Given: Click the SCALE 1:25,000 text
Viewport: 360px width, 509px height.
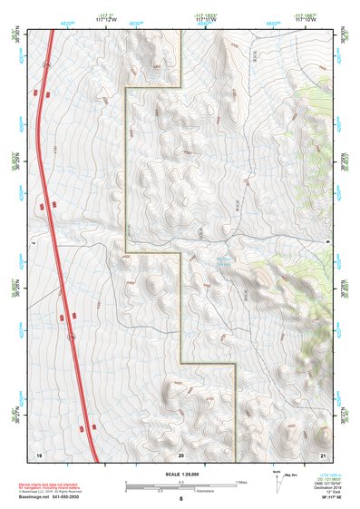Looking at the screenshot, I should point(180,473).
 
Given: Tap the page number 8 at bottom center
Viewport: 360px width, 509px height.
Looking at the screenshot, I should point(180,499).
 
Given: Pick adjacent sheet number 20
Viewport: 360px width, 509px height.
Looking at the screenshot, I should point(180,453).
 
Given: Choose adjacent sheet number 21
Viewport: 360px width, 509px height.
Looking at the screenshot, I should point(323,453).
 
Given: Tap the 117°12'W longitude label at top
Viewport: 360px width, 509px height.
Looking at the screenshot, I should point(106,18).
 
